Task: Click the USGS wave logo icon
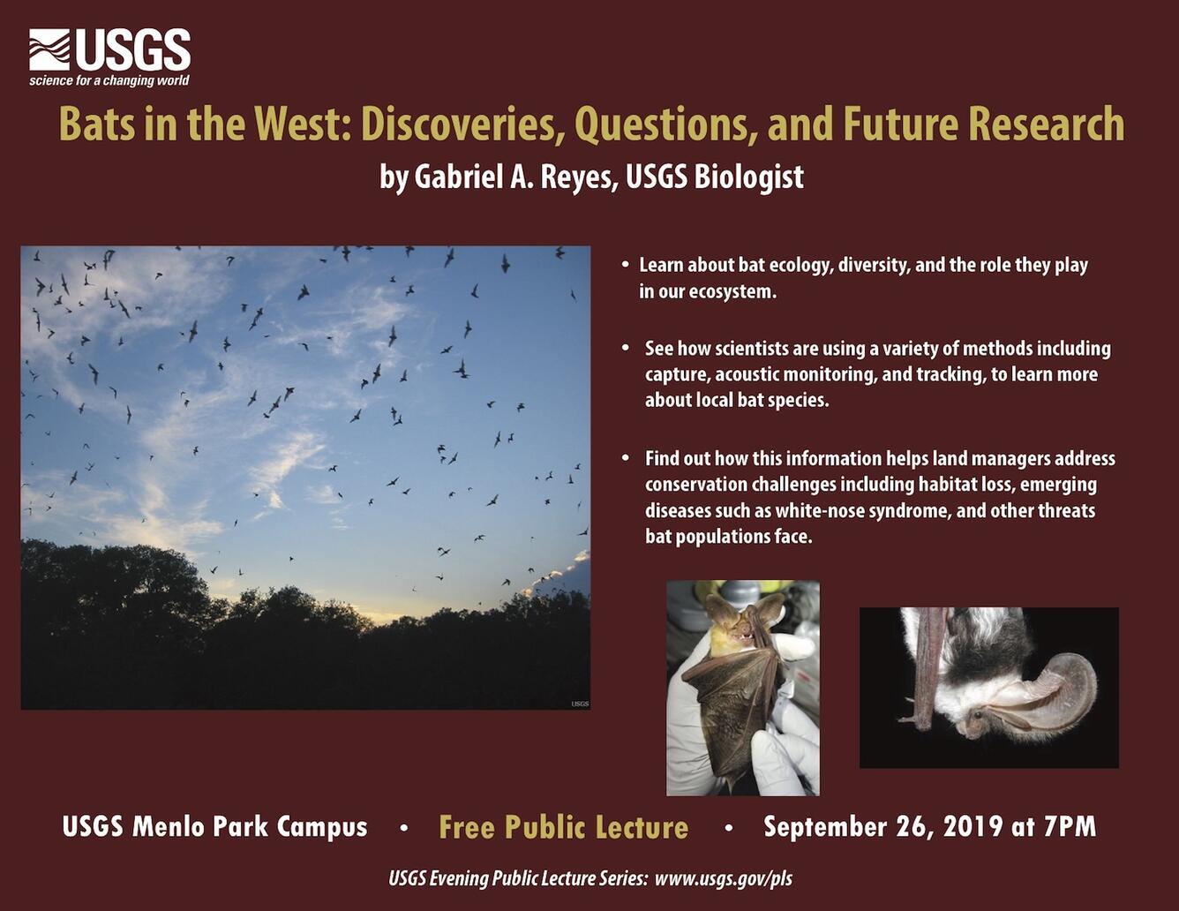[49, 50]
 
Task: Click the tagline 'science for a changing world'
[109, 81]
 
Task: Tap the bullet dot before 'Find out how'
[626, 458]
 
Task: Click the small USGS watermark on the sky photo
[580, 704]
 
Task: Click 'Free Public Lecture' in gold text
[563, 827]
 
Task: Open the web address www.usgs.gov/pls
[724, 879]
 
